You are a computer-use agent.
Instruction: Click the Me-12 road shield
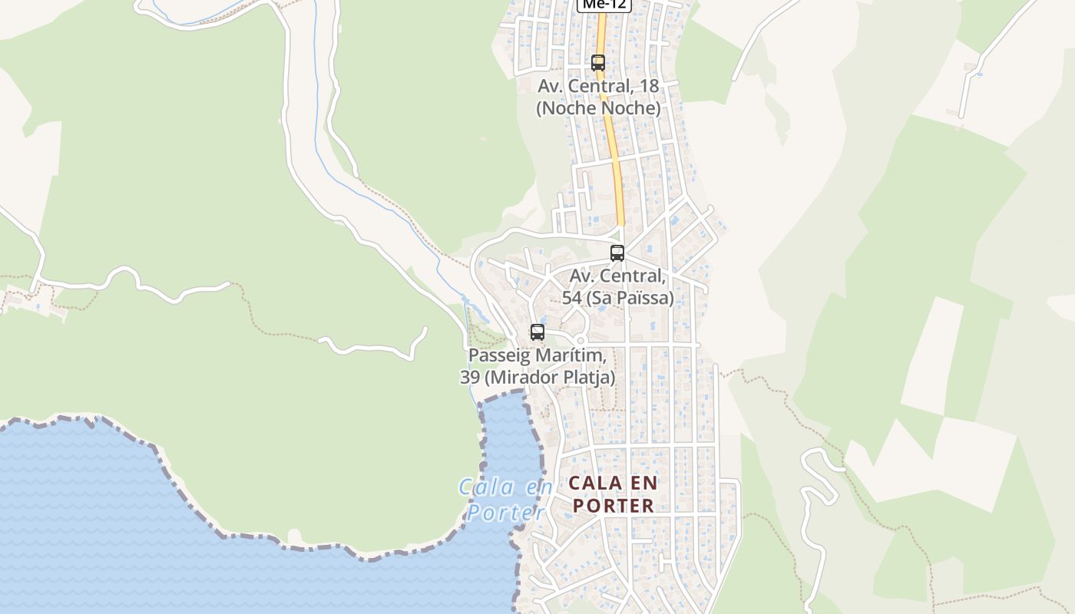(x=604, y=5)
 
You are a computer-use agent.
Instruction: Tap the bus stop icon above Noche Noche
(x=598, y=63)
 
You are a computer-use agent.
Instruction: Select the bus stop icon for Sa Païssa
(x=617, y=253)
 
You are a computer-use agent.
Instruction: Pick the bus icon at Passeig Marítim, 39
(x=537, y=332)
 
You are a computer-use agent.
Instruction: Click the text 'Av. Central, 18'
(x=598, y=86)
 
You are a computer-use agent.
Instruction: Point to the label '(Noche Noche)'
(x=598, y=108)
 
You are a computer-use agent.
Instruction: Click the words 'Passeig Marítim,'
(x=537, y=356)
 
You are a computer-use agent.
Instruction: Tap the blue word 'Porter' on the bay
(x=507, y=512)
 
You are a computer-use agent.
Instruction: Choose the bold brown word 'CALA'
(x=591, y=484)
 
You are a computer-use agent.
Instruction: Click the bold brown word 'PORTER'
(x=614, y=506)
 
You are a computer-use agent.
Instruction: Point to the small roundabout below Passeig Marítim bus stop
(x=580, y=340)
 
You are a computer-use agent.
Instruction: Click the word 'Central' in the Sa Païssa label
(x=636, y=276)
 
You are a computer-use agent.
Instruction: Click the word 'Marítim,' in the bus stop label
(x=574, y=356)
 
